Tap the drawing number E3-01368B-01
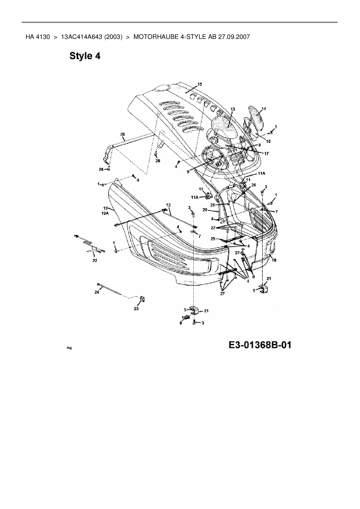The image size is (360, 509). (260, 345)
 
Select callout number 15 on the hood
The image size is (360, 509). (200, 84)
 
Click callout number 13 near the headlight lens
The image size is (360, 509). (233, 109)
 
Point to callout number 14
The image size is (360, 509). (263, 109)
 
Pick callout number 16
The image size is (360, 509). (268, 141)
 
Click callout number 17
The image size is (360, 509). (266, 153)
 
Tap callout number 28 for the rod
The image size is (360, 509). (122, 134)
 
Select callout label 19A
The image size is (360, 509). (105, 213)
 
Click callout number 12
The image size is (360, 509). (168, 205)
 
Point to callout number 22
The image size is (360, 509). (95, 260)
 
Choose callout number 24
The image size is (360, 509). (97, 292)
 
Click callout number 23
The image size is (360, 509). (136, 308)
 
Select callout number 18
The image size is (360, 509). (274, 260)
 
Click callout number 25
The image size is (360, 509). (213, 239)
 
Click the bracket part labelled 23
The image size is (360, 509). (143, 299)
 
